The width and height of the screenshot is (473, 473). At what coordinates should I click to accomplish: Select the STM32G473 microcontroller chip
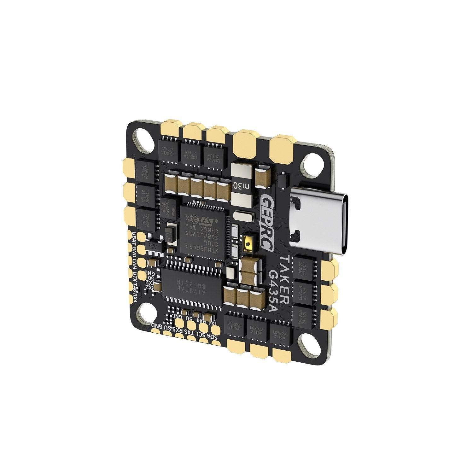coord(203,228)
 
